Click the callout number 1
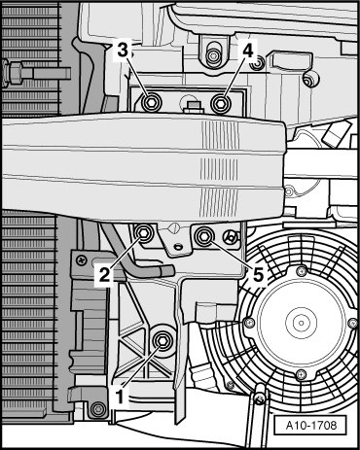tap(120, 397)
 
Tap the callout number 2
tap(104, 276)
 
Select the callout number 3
tap(123, 51)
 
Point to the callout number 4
tap(248, 51)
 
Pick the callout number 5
tap(258, 276)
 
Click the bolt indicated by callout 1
tap(162, 341)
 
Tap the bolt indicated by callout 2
tap(143, 232)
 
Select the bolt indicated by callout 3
tap(150, 103)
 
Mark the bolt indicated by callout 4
tap(221, 103)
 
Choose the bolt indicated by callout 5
tap(204, 236)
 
